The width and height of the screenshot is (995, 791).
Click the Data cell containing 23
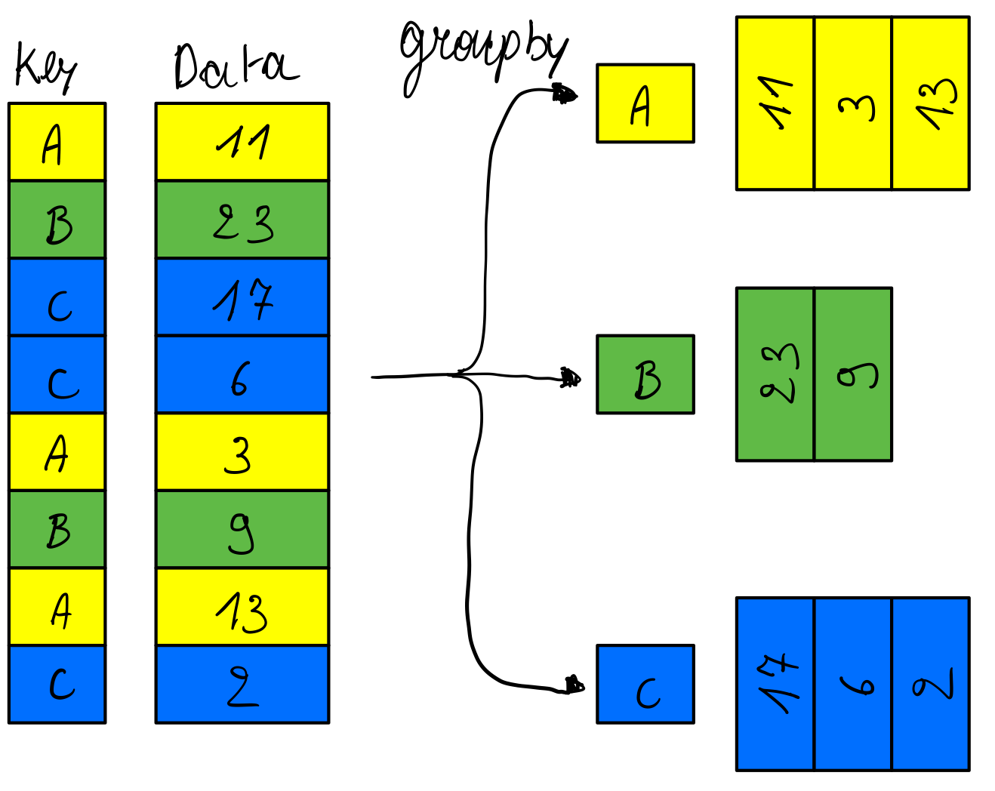242,220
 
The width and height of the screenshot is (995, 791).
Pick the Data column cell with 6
242,375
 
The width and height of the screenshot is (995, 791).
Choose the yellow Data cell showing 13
242,608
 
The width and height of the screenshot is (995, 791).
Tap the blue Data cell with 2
242,685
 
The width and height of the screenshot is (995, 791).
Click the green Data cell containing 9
242,530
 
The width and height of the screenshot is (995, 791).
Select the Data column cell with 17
242,297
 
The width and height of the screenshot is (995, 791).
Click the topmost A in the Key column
57,142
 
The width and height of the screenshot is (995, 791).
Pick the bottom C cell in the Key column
57,685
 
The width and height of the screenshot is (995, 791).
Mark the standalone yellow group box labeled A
645,103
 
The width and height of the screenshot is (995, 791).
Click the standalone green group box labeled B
645,374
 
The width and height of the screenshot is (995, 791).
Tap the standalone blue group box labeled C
645,685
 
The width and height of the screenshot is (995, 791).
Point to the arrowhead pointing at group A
565,94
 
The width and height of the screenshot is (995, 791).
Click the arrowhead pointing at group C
574,685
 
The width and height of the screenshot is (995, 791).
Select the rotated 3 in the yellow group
853,104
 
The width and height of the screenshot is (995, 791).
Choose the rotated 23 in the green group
775,374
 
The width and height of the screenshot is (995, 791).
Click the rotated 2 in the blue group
931,685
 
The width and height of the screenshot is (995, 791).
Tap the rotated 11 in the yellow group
775,104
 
